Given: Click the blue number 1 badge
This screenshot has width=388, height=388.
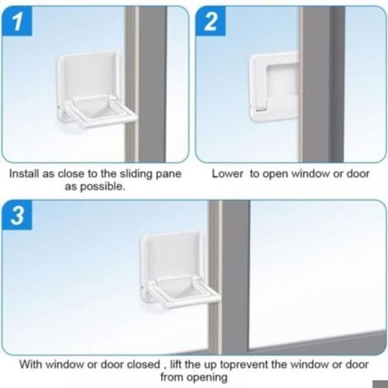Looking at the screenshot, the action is coord(17,21).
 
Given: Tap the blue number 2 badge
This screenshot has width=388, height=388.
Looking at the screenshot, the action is coord(211,21).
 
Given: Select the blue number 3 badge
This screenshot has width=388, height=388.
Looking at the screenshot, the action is coord(17,215).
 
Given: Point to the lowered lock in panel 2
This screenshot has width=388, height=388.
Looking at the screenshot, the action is coord(274,87).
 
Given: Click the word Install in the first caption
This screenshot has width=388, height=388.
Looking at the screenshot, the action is coord(25,174).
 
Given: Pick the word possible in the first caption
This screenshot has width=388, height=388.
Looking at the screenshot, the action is coord(108,187).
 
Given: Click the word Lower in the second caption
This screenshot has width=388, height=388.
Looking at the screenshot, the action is coord(228,174).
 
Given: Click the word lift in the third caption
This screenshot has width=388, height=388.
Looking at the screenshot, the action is coord(176,365).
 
